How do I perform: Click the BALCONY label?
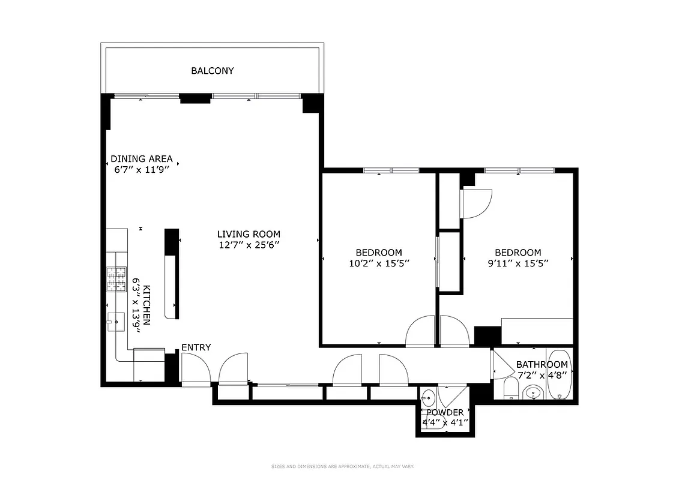(x=213, y=71)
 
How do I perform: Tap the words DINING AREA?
(x=141, y=159)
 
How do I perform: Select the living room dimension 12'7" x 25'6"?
(x=249, y=245)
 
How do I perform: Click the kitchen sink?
(x=115, y=322)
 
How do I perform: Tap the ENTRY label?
(x=196, y=347)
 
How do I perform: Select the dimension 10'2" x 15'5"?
(x=379, y=263)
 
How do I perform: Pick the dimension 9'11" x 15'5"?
(x=518, y=263)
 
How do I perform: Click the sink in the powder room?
(x=429, y=397)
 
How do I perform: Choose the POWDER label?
(x=445, y=412)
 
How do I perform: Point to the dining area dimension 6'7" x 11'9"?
(x=141, y=170)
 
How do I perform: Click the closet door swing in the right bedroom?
(x=477, y=204)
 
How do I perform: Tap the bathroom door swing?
(x=499, y=364)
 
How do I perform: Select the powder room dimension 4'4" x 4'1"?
(x=445, y=422)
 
